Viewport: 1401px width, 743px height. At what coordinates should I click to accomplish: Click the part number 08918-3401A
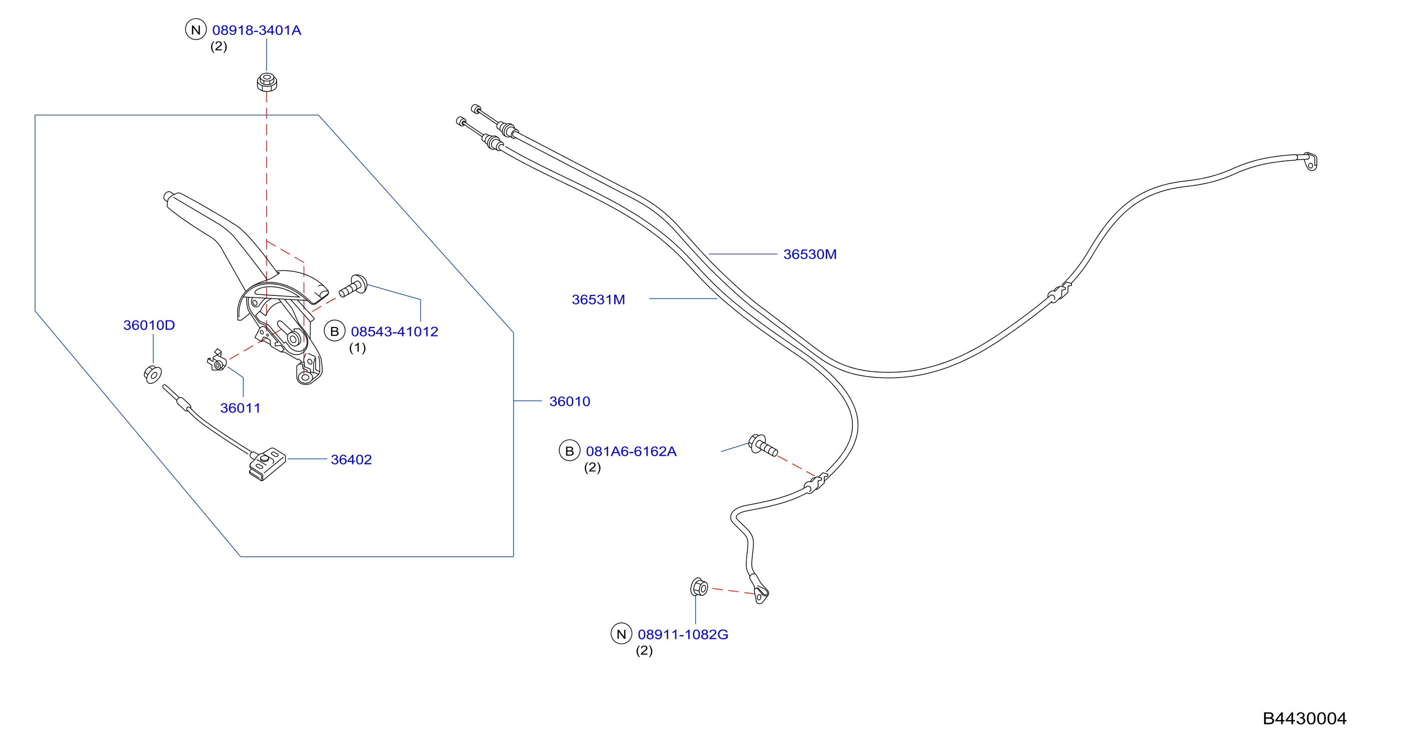click(x=257, y=30)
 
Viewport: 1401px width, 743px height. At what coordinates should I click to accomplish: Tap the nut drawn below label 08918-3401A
click(x=267, y=82)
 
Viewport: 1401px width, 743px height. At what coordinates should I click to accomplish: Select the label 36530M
click(x=810, y=254)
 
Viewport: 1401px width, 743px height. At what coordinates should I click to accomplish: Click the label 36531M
click(x=598, y=299)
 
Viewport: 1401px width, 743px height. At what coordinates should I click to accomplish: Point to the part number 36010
click(x=569, y=401)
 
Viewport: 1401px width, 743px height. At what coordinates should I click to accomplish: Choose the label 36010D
click(x=149, y=325)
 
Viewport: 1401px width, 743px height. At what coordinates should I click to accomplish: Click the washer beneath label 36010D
click(x=153, y=375)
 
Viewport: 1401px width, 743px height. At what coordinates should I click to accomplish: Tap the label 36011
click(x=241, y=408)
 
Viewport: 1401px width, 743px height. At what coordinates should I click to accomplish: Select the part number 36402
click(x=351, y=460)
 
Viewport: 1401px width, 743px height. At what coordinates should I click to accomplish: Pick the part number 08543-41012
click(x=394, y=331)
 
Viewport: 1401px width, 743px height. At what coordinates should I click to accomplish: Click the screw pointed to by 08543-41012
click(x=353, y=286)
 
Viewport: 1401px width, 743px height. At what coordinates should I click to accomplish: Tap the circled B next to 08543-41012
click(x=335, y=331)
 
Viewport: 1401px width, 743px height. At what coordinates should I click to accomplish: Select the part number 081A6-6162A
click(x=631, y=451)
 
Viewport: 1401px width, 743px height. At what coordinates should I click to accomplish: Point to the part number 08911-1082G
click(x=683, y=634)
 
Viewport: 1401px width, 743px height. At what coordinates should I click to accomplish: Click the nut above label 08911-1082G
click(x=699, y=587)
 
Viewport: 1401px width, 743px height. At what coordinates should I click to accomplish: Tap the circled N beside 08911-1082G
click(x=621, y=633)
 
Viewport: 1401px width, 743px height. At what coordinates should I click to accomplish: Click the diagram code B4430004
click(x=1304, y=718)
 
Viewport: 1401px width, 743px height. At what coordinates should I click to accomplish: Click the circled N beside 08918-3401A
click(x=196, y=30)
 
